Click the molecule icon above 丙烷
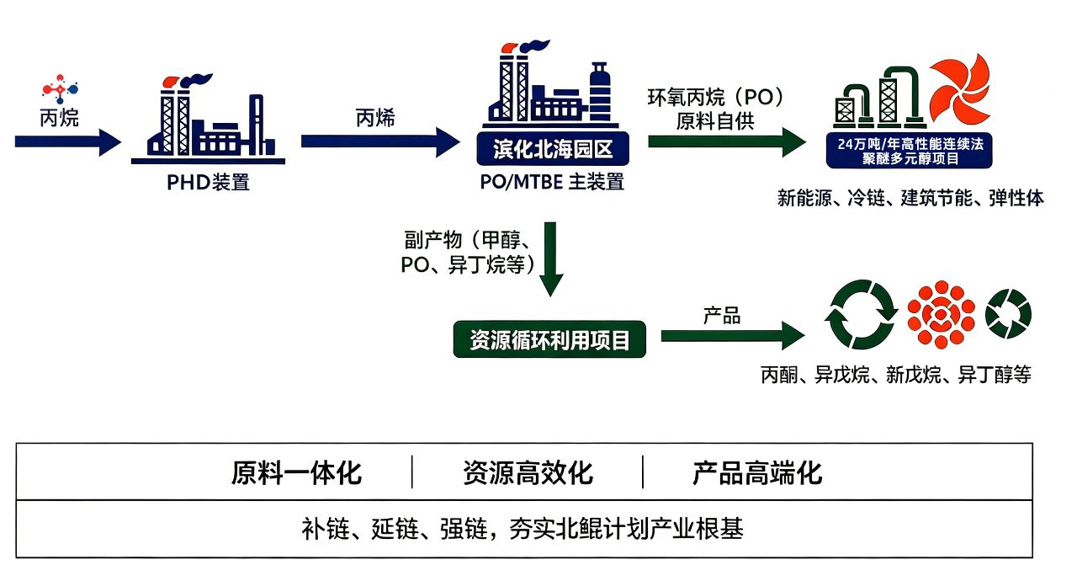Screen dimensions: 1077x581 (x=60, y=89)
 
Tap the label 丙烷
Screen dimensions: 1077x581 (x=59, y=118)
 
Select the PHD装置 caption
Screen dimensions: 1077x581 (x=208, y=182)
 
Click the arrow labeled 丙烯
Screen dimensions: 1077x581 (x=380, y=141)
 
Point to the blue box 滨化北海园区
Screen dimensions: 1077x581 (x=553, y=148)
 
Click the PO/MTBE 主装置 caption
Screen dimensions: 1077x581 (x=552, y=182)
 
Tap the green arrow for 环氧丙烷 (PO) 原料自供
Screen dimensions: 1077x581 (x=727, y=141)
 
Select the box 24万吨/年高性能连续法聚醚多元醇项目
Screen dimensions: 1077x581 (x=910, y=151)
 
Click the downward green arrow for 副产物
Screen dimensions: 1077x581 (x=550, y=259)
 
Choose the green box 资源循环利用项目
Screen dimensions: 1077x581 (x=549, y=339)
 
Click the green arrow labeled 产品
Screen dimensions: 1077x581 (x=733, y=336)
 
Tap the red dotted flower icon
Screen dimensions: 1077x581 (x=941, y=315)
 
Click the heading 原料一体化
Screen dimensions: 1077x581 (x=296, y=472)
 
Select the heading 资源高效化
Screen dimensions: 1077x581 (x=528, y=472)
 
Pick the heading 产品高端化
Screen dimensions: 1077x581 (x=757, y=472)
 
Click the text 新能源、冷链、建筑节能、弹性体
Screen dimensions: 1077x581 (x=910, y=198)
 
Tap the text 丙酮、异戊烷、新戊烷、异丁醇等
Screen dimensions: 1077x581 (x=896, y=375)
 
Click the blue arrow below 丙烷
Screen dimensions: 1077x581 (x=68, y=142)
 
